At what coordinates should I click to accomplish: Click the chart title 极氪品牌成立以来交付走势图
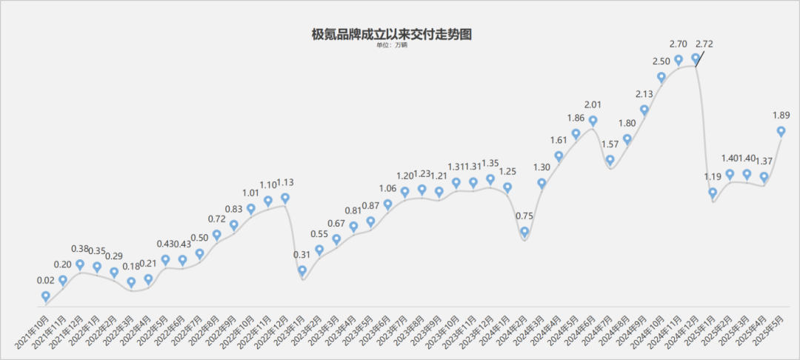pos(392,34)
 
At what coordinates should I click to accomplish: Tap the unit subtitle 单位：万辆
pos(392,45)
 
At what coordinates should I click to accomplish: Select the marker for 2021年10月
pos(46,296)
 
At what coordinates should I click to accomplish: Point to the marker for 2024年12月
pos(696,58)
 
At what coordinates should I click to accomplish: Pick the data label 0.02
pos(46,281)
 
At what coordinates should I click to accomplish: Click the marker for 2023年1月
pos(302,271)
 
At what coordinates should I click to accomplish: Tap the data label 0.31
pos(302,255)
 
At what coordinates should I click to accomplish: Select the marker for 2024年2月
pos(524,233)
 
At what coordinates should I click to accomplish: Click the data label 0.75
pos(524,216)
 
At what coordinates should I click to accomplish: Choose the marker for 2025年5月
pos(781,131)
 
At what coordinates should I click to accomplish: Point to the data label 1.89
pos(781,115)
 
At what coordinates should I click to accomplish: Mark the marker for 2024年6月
pos(593,121)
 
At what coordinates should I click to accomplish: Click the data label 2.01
pos(593,104)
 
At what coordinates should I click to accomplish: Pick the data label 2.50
pos(661,60)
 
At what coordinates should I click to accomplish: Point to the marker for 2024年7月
pos(610,159)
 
